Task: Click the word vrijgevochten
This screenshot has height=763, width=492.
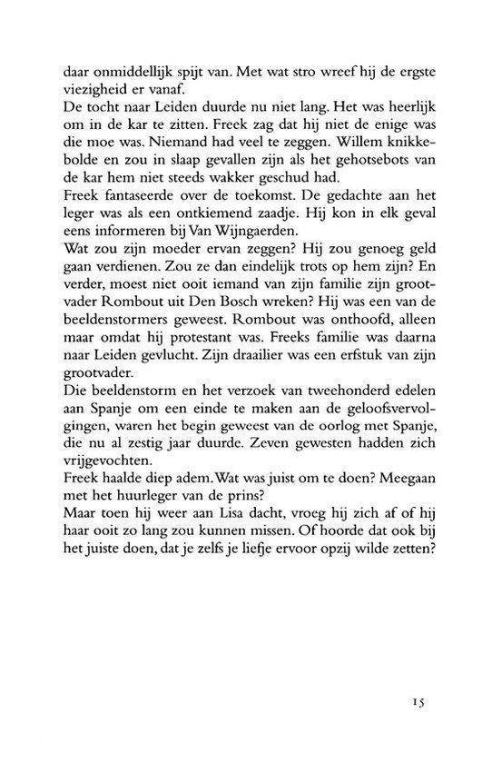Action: tap(119, 505)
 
